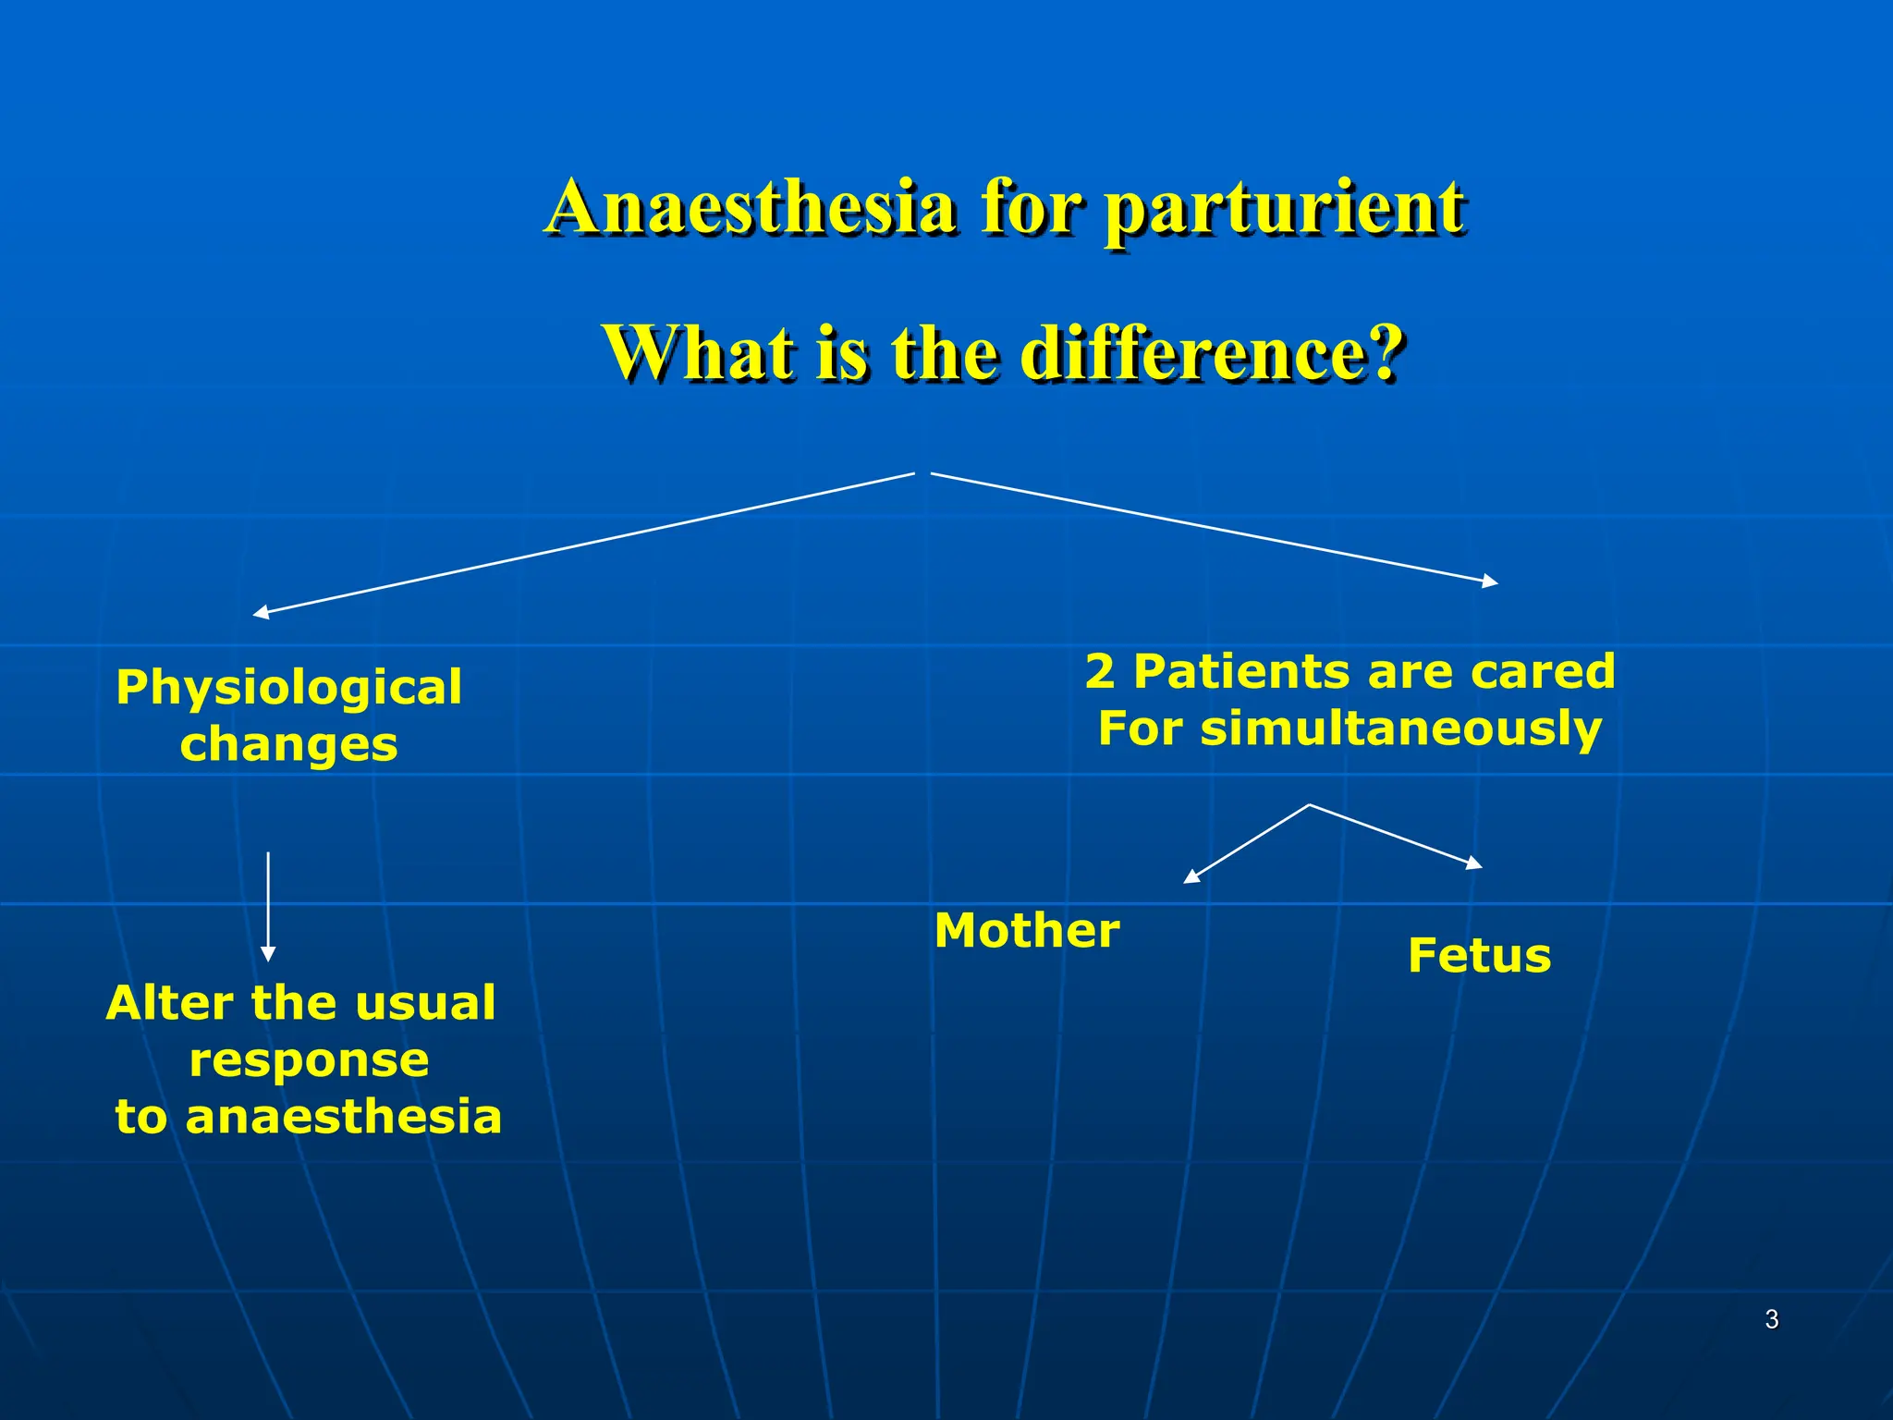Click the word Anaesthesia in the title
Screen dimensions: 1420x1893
pyautogui.click(x=751, y=208)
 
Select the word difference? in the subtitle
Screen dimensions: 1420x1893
pyautogui.click(x=1213, y=353)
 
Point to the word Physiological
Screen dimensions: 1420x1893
pyautogui.click(x=288, y=689)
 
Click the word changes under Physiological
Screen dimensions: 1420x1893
pyautogui.click(x=288, y=745)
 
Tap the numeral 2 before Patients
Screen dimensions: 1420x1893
pyautogui.click(x=1100, y=671)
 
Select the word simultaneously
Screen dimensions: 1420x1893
pyautogui.click(x=1400, y=728)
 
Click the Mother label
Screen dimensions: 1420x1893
pyautogui.click(x=1027, y=931)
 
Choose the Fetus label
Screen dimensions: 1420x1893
pyautogui.click(x=1479, y=956)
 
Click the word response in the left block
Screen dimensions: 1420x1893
pyautogui.click(x=309, y=1060)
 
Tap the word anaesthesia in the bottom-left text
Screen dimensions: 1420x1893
pyautogui.click(x=343, y=1117)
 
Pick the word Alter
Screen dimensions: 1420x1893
pyautogui.click(x=171, y=1003)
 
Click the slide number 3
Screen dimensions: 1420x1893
pyautogui.click(x=1771, y=1319)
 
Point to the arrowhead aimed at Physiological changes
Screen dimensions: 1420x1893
pyautogui.click(x=261, y=613)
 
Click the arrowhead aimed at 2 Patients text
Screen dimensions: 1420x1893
pyautogui.click(x=1490, y=581)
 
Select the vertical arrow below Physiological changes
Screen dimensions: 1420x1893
pyautogui.click(x=268, y=906)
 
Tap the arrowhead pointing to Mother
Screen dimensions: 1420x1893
pyautogui.click(x=1191, y=877)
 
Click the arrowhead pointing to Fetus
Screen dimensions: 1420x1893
pyautogui.click(x=1474, y=863)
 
